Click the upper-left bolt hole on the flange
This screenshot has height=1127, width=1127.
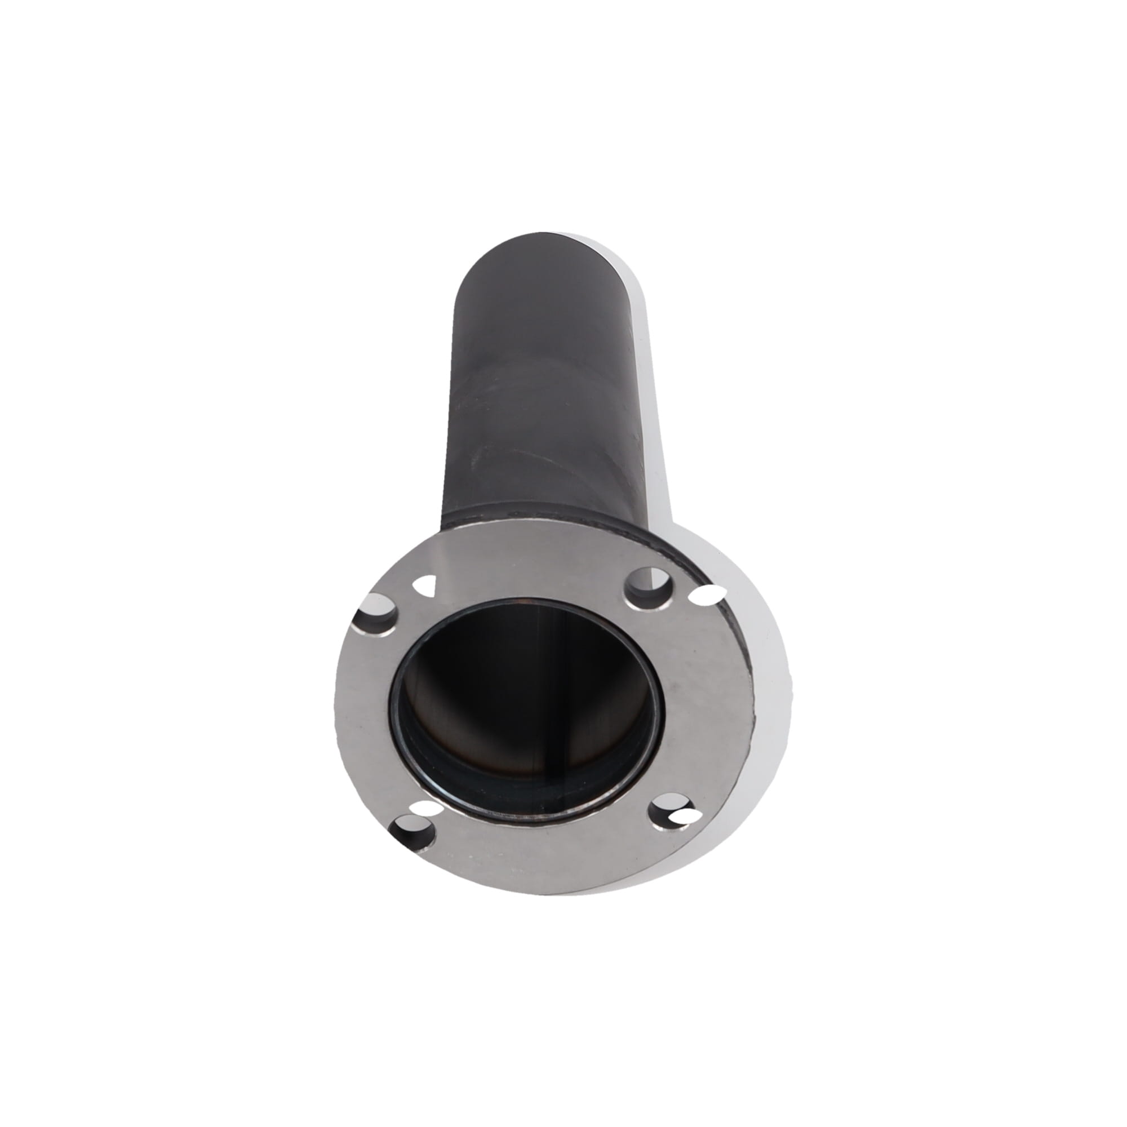[x=378, y=613]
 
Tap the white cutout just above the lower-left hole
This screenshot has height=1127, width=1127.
[x=424, y=808]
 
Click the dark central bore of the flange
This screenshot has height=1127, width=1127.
[x=525, y=700]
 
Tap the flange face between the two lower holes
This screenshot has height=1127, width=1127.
[x=543, y=849]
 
